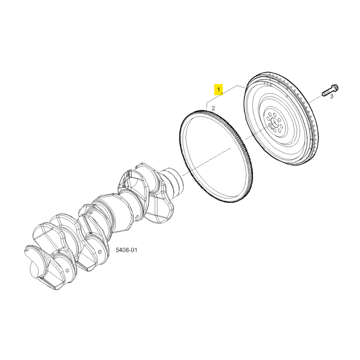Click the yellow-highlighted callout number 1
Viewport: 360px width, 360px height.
tap(219, 89)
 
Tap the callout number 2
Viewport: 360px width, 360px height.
tap(213, 108)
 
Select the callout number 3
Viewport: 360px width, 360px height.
tap(332, 96)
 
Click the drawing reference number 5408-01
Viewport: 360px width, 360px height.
tap(126, 250)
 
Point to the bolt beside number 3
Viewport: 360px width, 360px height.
tap(330, 90)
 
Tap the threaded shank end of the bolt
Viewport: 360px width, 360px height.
tap(324, 94)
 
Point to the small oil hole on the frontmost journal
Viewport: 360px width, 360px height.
tap(67, 270)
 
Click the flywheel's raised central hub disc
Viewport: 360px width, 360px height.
tap(274, 122)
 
